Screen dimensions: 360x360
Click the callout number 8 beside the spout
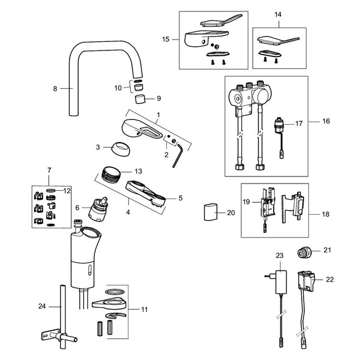[x=55, y=89]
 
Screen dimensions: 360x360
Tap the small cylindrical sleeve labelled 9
[x=140, y=100]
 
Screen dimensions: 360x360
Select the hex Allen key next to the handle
[x=177, y=155]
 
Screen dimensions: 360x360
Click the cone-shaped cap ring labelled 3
[x=121, y=148]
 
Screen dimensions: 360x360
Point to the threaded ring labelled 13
[x=110, y=175]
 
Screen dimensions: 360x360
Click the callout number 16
[x=326, y=121]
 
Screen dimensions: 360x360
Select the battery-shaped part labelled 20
[x=211, y=212]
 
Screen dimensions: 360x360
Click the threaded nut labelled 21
[x=304, y=253]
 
